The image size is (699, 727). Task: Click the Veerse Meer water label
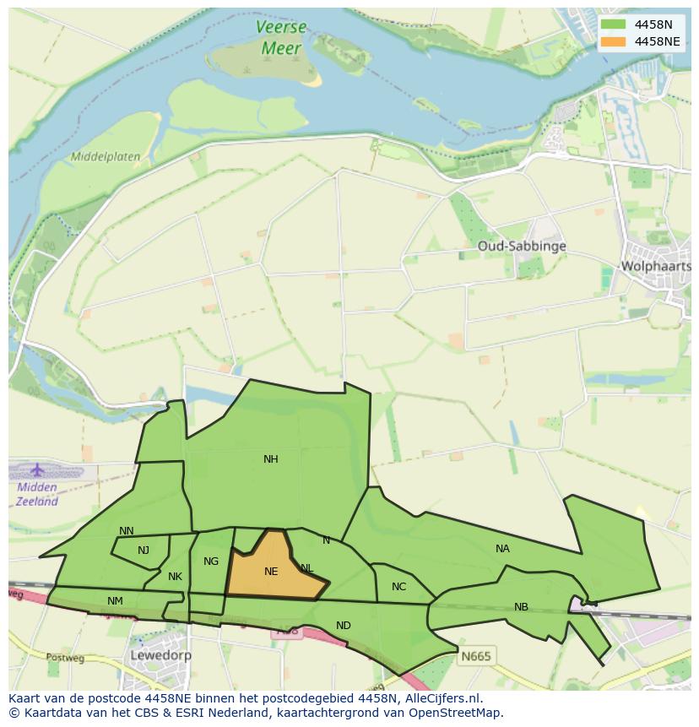point(281,38)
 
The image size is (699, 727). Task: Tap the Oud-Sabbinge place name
point(521,246)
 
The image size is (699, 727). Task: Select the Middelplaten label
point(106,157)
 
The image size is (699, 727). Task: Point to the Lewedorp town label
point(160,654)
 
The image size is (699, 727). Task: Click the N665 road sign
point(475,655)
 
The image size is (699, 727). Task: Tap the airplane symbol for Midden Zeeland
point(36,469)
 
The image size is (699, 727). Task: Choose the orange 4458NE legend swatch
point(614,41)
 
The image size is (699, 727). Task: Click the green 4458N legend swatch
point(614,24)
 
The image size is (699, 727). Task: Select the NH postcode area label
point(270,459)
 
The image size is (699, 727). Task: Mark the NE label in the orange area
point(270,572)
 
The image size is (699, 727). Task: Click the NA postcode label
point(502,549)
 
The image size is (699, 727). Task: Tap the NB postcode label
point(521,607)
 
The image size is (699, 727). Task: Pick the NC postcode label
point(398,587)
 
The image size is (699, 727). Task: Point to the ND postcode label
point(343,626)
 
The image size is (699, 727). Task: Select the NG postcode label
point(211,562)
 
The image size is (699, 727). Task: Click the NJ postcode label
point(144,551)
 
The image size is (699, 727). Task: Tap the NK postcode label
point(175,577)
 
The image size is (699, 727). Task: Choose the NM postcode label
point(115,601)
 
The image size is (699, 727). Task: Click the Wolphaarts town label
point(655,266)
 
